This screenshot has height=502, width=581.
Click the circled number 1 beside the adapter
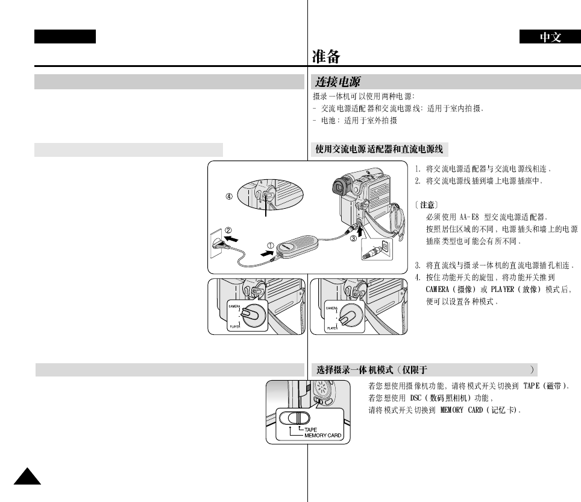coord(271,245)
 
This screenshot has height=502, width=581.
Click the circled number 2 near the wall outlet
coord(229,230)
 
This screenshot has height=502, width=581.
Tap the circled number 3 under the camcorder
coord(355,238)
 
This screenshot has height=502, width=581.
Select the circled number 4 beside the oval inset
coord(229,196)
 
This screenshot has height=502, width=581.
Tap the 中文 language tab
coord(550,37)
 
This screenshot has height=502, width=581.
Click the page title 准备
coord(326,57)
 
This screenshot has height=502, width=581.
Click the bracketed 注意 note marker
coord(430,205)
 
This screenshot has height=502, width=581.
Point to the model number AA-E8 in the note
coord(470,217)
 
